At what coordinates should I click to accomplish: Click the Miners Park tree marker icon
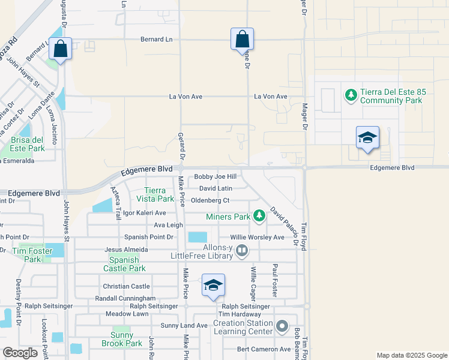[259, 215]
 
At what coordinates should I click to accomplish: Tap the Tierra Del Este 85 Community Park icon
[351, 95]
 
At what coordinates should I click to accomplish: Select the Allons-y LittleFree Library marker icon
[241, 250]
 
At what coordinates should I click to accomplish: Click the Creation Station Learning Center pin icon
[283, 327]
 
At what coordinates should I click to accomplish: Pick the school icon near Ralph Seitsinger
[213, 287]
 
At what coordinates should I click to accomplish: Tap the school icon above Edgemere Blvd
[367, 139]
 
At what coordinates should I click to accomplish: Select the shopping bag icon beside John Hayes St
[61, 49]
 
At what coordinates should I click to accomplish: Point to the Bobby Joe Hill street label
[215, 177]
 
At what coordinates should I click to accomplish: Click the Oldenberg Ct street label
[210, 200]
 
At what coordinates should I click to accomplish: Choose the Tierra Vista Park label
[155, 194]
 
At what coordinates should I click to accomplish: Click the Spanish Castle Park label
[124, 264]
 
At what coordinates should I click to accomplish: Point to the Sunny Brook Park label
[126, 340]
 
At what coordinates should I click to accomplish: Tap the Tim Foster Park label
[29, 255]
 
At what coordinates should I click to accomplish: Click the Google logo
[20, 353]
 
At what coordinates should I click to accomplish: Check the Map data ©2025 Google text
[411, 355]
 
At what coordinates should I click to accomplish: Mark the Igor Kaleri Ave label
[143, 213]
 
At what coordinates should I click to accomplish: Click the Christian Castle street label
[126, 287]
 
